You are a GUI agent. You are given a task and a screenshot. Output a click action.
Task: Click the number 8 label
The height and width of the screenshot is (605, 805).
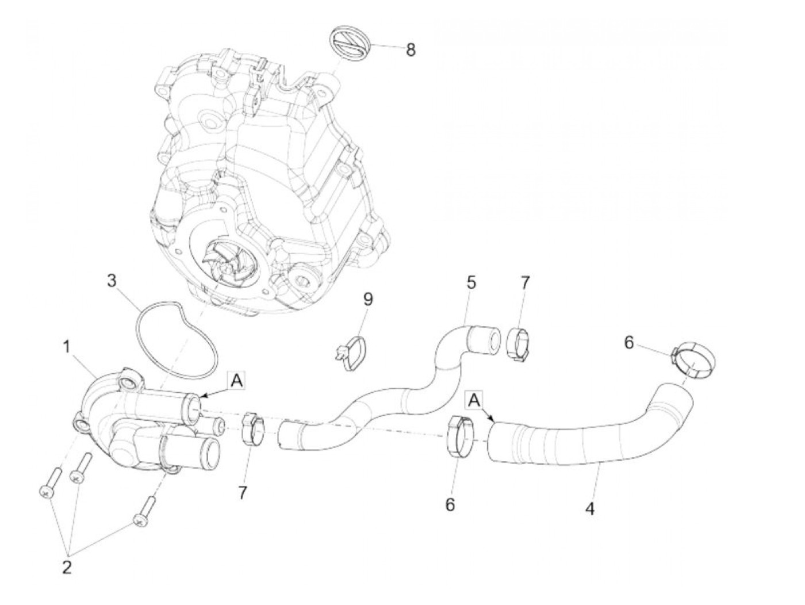410,49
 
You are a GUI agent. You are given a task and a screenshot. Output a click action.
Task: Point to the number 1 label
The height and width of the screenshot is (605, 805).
67,347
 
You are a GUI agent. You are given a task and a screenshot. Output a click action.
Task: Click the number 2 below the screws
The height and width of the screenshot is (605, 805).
67,568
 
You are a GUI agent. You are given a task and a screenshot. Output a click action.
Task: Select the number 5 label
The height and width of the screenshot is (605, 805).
471,282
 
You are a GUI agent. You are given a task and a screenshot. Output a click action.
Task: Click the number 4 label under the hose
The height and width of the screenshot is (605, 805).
589,508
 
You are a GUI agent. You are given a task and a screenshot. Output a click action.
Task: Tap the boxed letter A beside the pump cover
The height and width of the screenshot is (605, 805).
236,380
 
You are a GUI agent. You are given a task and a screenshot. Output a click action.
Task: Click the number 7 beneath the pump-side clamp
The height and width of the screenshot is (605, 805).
241,493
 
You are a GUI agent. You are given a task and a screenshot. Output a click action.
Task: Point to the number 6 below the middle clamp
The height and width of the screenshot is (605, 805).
450,504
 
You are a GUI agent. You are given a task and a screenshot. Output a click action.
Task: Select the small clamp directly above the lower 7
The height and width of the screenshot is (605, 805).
251,428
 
